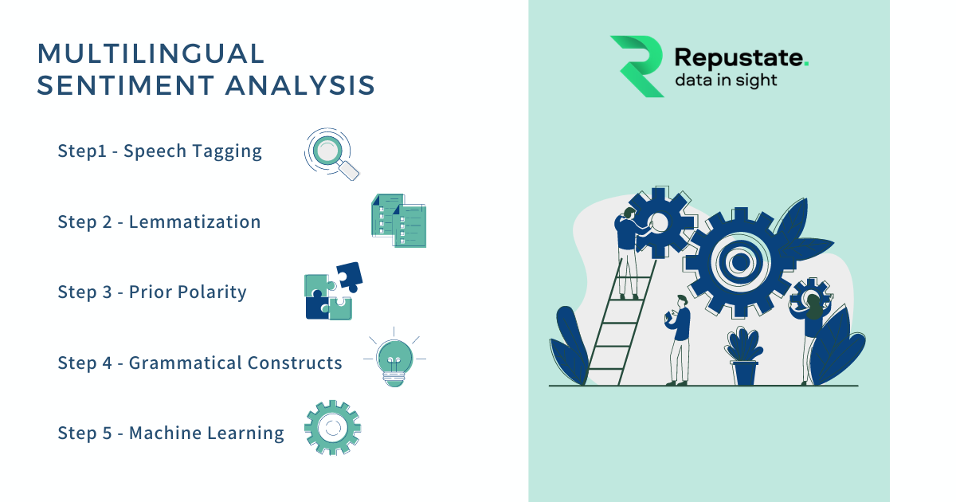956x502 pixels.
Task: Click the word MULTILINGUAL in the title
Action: click(x=151, y=53)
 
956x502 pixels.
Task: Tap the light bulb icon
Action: click(x=395, y=361)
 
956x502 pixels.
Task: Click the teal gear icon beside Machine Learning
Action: click(x=333, y=429)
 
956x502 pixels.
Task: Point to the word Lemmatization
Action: click(x=195, y=222)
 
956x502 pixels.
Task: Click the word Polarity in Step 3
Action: click(x=211, y=292)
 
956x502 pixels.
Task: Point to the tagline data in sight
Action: click(x=726, y=80)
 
